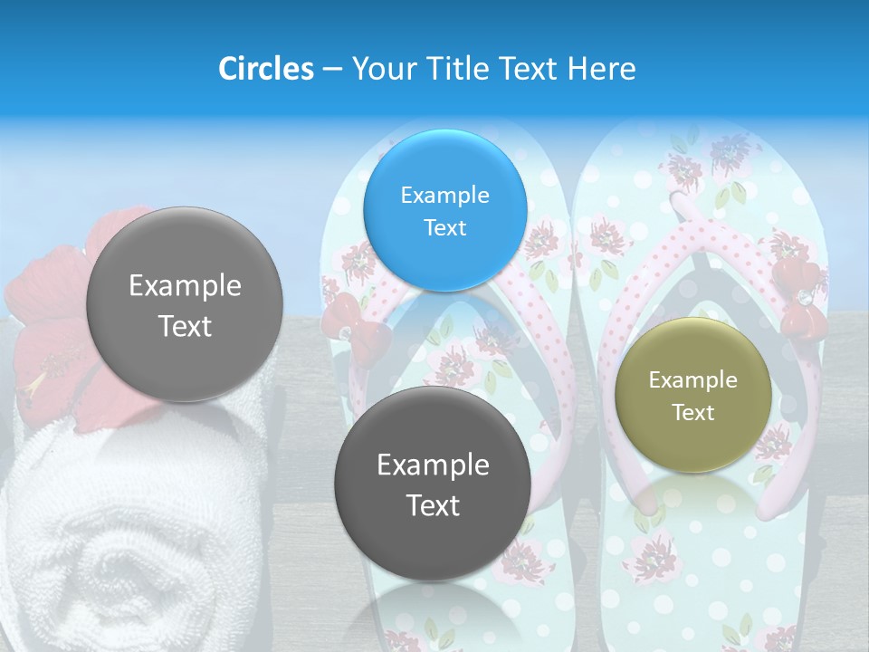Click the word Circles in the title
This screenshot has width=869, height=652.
pos(266,69)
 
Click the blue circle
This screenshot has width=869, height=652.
pos(444,210)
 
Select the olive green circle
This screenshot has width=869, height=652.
pos(692,395)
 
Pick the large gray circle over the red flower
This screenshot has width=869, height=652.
pos(185,304)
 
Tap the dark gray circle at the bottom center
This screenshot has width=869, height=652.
pos(433,484)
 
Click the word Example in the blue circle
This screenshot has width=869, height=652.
pos(444,195)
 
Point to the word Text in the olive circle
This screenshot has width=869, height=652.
pos(693,413)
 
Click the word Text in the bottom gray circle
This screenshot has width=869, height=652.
pos(433,505)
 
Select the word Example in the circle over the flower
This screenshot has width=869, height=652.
pos(185,286)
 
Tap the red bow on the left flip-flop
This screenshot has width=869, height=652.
pos(361,331)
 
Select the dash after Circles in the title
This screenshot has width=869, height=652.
pos(332,69)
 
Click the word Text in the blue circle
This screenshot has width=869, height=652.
pos(444,227)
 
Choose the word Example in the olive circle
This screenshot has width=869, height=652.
pos(692,380)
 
